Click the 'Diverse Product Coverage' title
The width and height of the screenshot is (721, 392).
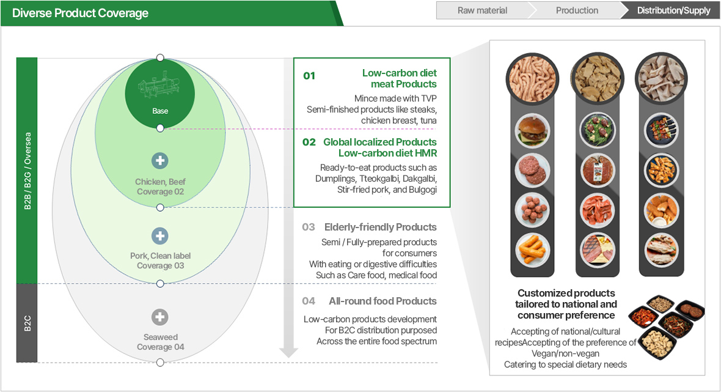(x=80, y=13)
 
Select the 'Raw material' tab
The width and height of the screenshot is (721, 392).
(x=482, y=10)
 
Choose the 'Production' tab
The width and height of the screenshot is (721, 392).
(x=577, y=10)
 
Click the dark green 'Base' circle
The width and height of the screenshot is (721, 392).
(x=160, y=94)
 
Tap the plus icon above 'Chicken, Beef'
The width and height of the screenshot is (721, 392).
(x=160, y=161)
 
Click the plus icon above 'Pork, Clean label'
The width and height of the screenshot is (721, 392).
(x=160, y=236)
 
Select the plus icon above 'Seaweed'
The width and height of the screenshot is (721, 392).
(x=160, y=317)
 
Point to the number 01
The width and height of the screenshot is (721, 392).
(x=309, y=76)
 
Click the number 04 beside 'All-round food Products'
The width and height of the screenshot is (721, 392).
(x=309, y=301)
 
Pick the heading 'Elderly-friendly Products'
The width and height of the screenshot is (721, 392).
(x=380, y=227)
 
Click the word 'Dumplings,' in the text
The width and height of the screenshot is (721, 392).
(x=335, y=179)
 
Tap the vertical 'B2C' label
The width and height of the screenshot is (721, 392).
(x=27, y=323)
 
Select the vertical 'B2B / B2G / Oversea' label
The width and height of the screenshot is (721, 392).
(x=27, y=171)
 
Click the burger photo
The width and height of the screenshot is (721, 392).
(x=532, y=131)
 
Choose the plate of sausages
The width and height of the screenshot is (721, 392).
(x=532, y=250)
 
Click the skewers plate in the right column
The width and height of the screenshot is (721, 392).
(x=661, y=130)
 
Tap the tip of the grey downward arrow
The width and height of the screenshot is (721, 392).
(x=288, y=358)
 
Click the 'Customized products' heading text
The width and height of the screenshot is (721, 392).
(x=566, y=293)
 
